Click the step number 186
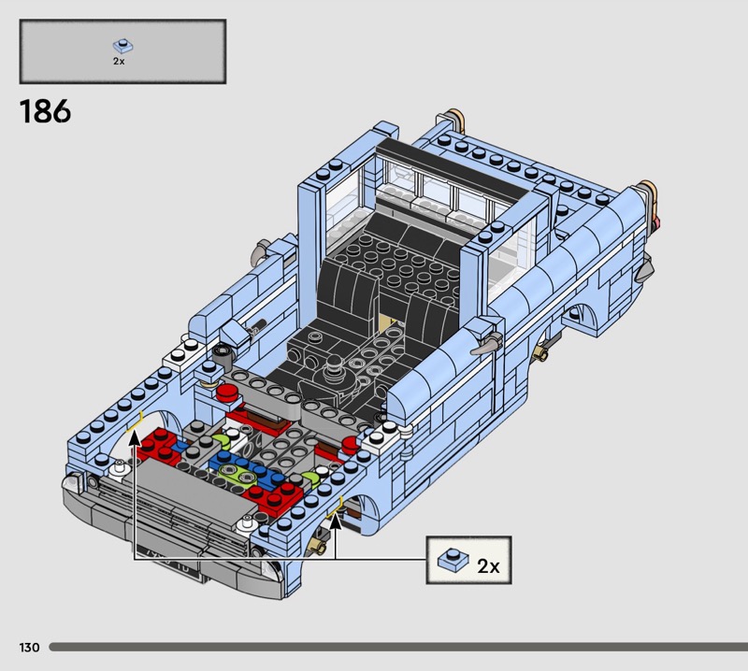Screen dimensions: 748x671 (x=45, y=111)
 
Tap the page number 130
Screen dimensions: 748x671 (x=29, y=647)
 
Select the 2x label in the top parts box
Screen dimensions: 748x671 (x=119, y=61)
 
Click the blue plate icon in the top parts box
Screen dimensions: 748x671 (x=123, y=46)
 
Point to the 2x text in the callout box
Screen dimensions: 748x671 (x=488, y=566)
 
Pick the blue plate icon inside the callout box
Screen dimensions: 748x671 (x=453, y=560)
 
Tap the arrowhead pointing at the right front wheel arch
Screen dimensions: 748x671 (x=336, y=521)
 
